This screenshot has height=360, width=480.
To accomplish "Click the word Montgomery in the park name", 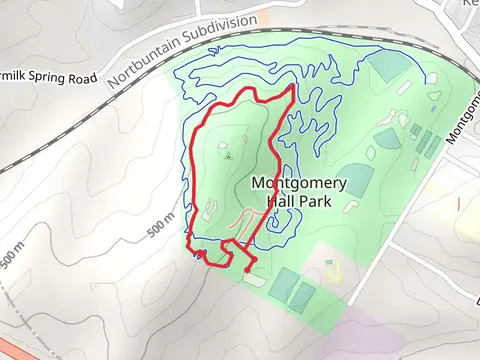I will (x=298, y=183).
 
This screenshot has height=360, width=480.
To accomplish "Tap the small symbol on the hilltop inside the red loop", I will (x=229, y=156).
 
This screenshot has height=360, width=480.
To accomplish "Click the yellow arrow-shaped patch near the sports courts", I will (x=333, y=270).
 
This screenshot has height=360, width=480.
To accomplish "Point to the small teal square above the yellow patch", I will (x=329, y=263).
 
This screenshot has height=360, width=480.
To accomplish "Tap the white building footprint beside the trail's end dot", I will (x=254, y=277).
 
